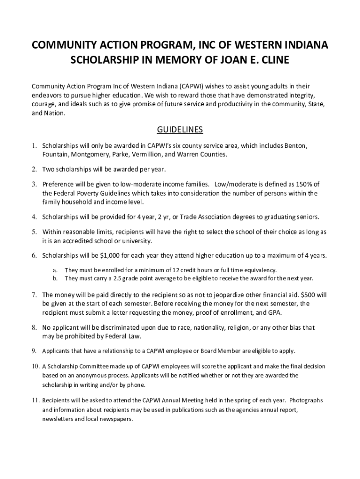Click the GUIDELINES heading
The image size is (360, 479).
(x=180, y=129)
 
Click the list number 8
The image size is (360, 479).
(x=34, y=328)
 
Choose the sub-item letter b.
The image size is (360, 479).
(x=55, y=278)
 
